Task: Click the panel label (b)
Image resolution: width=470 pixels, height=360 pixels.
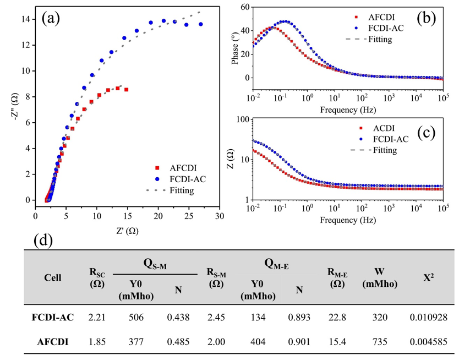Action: [x=427, y=18]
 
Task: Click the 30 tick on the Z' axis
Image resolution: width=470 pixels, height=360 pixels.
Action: [x=220, y=216]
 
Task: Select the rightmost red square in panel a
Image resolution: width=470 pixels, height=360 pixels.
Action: [x=127, y=89]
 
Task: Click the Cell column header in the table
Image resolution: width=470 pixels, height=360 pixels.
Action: [x=53, y=277]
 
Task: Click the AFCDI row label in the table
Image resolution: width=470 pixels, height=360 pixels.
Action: [x=52, y=341]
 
